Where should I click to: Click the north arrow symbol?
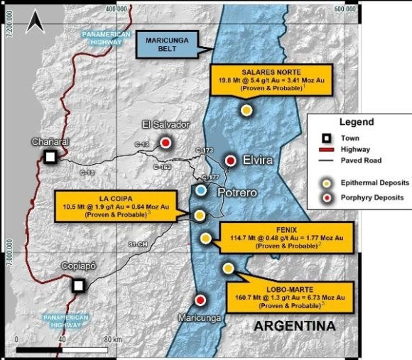pos(35,22)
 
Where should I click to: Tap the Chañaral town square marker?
pos(50,157)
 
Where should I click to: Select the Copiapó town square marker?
pos(79,285)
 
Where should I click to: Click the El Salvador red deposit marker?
pos(165,143)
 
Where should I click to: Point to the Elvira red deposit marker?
pos(230,160)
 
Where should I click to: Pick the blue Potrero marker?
pos(201,190)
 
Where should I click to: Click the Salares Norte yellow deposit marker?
pos(247,110)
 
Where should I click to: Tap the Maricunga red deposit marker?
pos(200,300)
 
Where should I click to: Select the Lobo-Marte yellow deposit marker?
pos(228,268)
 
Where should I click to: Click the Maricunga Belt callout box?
pos(167,44)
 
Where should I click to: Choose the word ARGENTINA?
pos(295,326)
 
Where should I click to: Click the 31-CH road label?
pos(138,244)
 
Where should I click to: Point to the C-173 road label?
pos(204,150)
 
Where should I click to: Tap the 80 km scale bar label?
pos(113,339)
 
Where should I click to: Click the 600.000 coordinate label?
pos(345,9)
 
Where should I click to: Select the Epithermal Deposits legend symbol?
pos(327,183)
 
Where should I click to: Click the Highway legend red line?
pos(327,150)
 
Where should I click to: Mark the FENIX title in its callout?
pos(286,230)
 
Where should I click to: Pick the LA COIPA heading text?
pos(116,199)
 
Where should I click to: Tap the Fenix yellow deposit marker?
pos(205,238)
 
